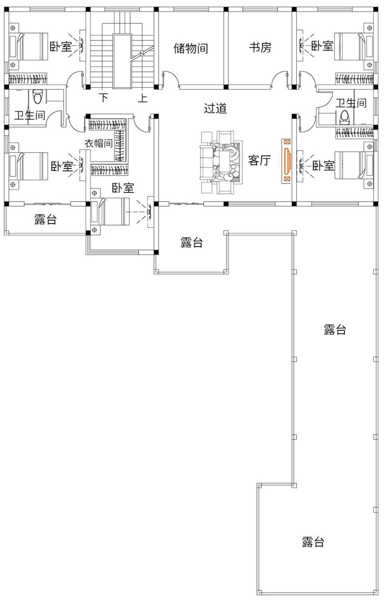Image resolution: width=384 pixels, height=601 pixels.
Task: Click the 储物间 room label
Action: (x=191, y=48)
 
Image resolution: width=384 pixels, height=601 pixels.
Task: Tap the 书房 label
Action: (x=260, y=48)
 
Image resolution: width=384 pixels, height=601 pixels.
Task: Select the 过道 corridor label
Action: (x=215, y=108)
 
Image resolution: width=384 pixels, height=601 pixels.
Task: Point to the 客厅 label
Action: (x=259, y=160)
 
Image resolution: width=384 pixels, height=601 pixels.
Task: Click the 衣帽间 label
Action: (x=99, y=143)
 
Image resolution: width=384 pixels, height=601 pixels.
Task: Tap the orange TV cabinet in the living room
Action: (x=287, y=161)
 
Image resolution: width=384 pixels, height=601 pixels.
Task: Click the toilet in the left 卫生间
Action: (x=37, y=96)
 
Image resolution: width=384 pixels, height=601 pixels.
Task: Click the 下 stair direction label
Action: (x=104, y=97)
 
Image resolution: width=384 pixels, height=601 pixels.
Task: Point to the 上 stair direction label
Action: (x=143, y=98)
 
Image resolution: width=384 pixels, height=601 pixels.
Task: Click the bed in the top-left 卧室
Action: (x=28, y=46)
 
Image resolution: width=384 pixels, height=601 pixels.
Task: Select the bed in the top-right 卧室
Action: (x=354, y=46)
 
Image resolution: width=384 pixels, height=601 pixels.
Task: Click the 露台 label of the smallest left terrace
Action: (x=46, y=219)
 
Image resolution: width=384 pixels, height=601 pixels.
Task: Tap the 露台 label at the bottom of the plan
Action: (x=313, y=542)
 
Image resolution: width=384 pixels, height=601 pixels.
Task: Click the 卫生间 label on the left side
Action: (x=30, y=115)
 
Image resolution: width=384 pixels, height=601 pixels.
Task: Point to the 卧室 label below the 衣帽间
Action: (x=123, y=188)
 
